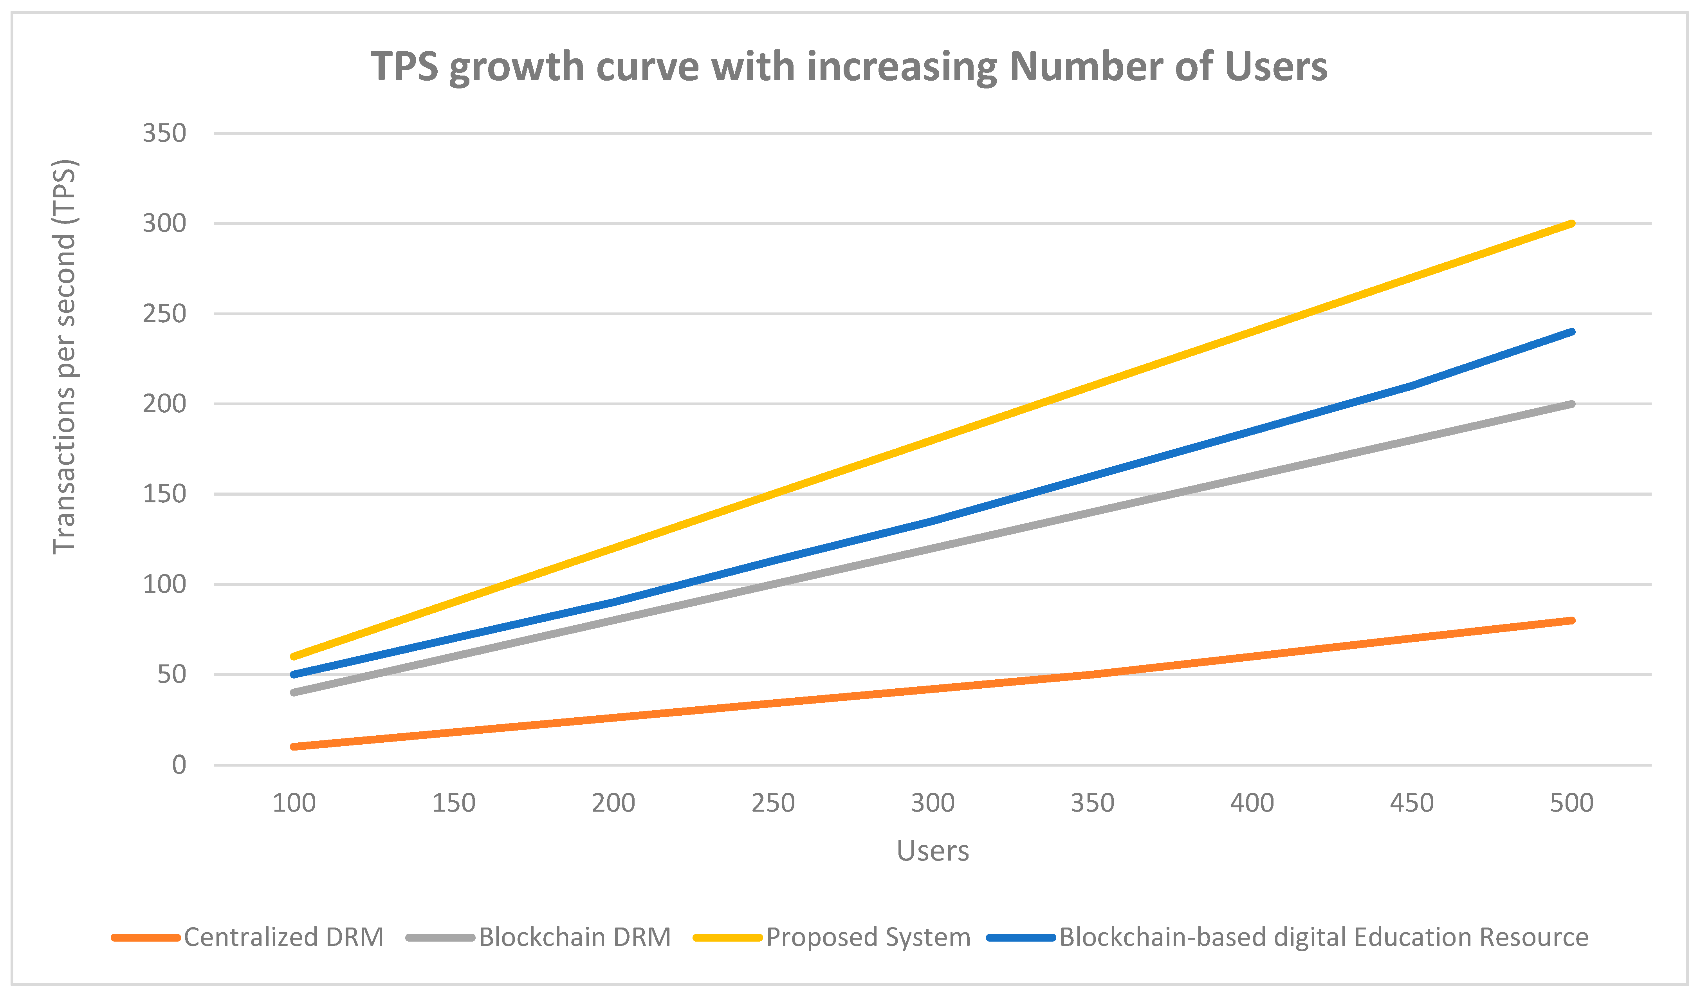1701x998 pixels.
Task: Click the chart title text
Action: [x=849, y=67]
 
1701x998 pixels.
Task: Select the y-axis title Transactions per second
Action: [x=65, y=357]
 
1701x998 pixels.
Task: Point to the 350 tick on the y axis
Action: [x=164, y=133]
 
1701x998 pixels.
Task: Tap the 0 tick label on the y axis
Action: [x=179, y=765]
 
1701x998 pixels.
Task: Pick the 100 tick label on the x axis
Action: [x=294, y=803]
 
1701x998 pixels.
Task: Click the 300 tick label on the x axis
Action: [x=933, y=803]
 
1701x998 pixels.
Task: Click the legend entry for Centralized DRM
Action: [x=248, y=937]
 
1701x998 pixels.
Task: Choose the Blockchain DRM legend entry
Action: [x=539, y=937]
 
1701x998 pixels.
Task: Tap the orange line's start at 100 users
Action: [x=294, y=747]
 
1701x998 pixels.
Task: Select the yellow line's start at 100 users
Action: [x=294, y=656]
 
